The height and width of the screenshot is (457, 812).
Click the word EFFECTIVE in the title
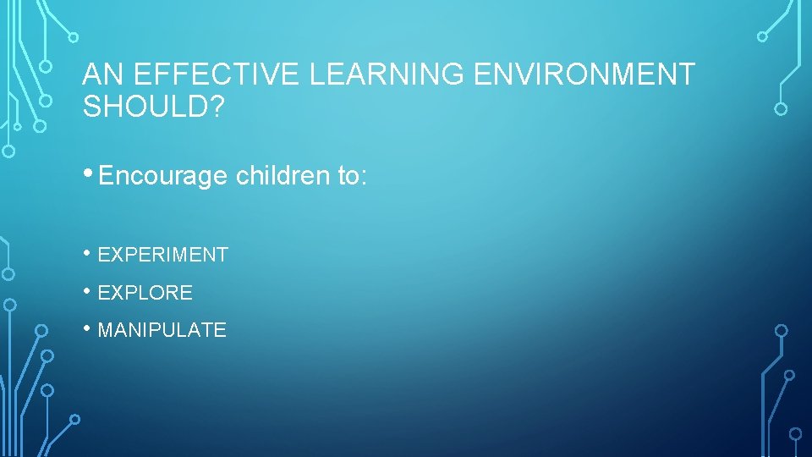coord(216,74)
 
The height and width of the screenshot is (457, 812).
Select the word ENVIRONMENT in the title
coord(584,74)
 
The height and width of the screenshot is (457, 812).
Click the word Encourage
coord(163,176)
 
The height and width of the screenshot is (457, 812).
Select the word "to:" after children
coord(348,176)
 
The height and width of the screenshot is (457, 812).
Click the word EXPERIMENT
coord(163,255)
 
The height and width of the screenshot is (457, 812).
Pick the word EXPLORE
coord(145,293)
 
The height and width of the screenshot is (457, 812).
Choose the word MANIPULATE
coord(162,330)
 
